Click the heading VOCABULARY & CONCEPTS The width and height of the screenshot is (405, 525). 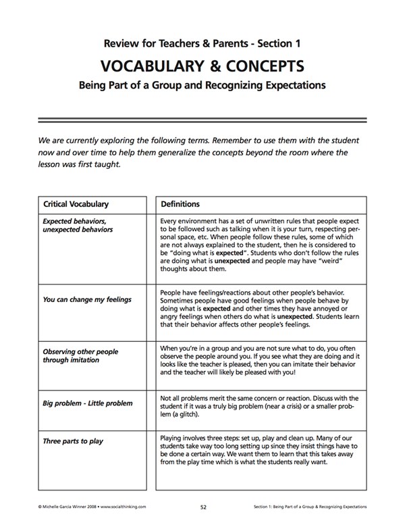point(202,66)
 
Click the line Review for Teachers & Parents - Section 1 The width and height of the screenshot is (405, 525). point(202,44)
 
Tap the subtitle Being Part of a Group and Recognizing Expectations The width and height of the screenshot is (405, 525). point(202,86)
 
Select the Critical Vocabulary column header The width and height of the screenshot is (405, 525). point(76,203)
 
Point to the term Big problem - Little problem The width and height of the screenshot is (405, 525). point(88,403)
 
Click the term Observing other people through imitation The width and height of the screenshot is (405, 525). point(80,356)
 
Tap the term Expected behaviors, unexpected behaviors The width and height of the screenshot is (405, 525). point(75,225)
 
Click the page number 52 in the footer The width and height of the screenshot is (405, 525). point(204,505)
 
